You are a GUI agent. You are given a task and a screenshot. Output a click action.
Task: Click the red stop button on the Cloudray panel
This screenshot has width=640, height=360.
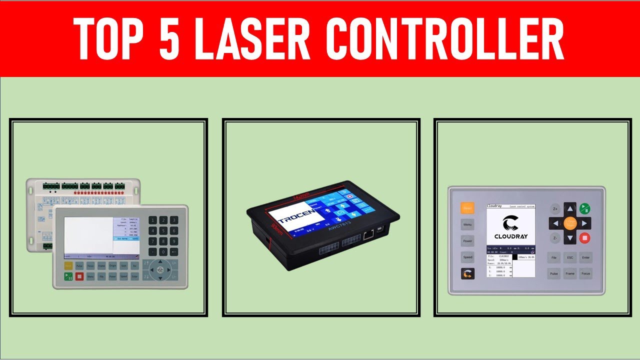coord(584,238)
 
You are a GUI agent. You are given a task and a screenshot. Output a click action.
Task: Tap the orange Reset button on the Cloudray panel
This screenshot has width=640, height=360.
coord(467,208)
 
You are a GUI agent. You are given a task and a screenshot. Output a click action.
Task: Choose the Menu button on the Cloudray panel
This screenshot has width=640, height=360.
coord(467,224)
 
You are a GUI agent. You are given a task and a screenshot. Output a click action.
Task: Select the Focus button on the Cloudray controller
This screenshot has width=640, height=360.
coord(586,273)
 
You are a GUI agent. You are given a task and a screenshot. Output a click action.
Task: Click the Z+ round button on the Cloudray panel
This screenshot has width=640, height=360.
coord(555,208)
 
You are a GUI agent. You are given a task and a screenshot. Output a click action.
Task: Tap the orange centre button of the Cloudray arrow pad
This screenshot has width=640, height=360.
coord(570,223)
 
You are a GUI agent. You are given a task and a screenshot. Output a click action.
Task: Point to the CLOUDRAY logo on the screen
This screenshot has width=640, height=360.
coord(510,227)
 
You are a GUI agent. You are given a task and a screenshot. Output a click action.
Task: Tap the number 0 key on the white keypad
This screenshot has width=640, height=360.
coord(163,252)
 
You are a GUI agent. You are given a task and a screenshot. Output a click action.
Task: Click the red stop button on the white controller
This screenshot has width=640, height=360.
coord(79,276)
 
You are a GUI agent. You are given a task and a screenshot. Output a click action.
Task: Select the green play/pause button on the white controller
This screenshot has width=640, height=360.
coord(68,276)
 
